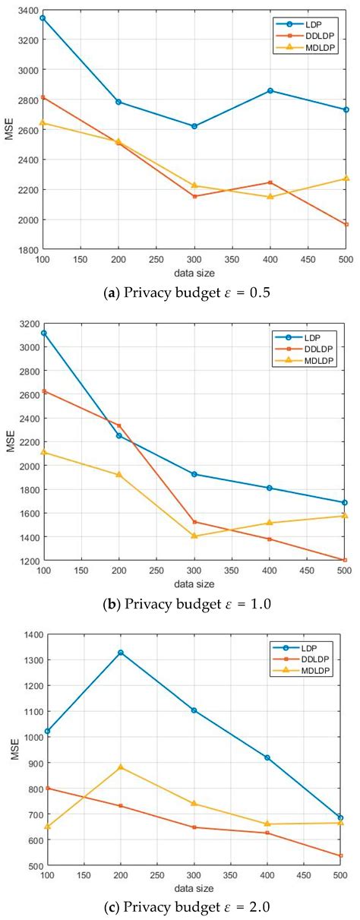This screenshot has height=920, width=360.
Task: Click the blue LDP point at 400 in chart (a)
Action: [x=270, y=90]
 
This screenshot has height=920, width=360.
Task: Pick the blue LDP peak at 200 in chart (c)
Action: [x=119, y=653]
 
